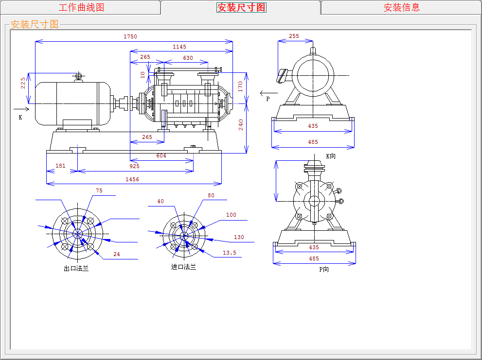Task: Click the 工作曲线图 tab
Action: pyautogui.click(x=81, y=7)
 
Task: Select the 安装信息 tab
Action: pyautogui.click(x=401, y=7)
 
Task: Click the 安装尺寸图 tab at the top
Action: pyautogui.click(x=241, y=7)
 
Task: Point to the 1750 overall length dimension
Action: pyautogui.click(x=130, y=36)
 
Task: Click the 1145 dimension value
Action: pyautogui.click(x=179, y=47)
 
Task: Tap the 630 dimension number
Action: pyautogui.click(x=188, y=58)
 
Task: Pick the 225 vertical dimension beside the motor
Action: pyautogui.click(x=23, y=83)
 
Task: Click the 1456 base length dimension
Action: pyautogui.click(x=132, y=179)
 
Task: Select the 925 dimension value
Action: pyautogui.click(x=135, y=166)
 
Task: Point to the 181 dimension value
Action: pyautogui.click(x=60, y=166)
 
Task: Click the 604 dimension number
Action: pyautogui.click(x=161, y=155)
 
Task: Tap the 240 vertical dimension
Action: pyautogui.click(x=241, y=125)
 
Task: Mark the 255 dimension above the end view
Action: pyautogui.click(x=294, y=36)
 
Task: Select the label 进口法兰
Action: pyautogui.click(x=183, y=267)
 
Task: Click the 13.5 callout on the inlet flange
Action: pyautogui.click(x=230, y=253)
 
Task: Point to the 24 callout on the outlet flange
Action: pyautogui.click(x=116, y=254)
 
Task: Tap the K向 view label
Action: pyautogui.click(x=331, y=156)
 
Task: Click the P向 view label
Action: pyautogui.click(x=324, y=269)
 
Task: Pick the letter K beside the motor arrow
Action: pyautogui.click(x=20, y=118)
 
